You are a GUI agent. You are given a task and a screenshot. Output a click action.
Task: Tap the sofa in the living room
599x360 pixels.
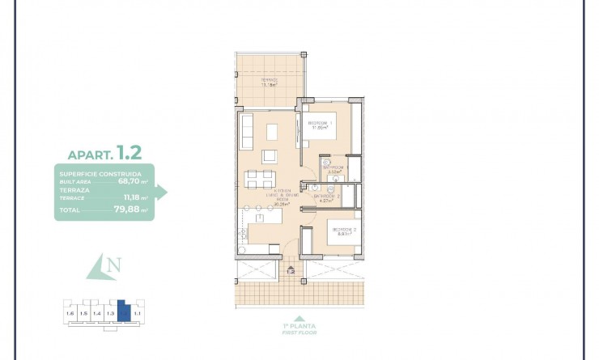tap(247, 130)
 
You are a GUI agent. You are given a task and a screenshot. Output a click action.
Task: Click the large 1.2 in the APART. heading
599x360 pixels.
tap(129, 151)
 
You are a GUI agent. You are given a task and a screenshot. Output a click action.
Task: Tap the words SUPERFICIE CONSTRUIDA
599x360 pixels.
tap(100, 174)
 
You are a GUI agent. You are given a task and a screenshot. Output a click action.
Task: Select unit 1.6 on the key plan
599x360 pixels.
tap(70, 312)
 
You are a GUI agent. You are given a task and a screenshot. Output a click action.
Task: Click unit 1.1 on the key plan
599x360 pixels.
tap(138, 312)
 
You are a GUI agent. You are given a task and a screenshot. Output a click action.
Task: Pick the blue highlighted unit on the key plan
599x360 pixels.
tap(123, 310)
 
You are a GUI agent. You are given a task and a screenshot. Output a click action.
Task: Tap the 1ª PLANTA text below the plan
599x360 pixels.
tap(299, 327)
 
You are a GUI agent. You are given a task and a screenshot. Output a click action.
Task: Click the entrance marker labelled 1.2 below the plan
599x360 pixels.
tap(291, 271)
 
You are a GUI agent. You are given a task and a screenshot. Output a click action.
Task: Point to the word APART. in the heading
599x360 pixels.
tap(91, 154)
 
